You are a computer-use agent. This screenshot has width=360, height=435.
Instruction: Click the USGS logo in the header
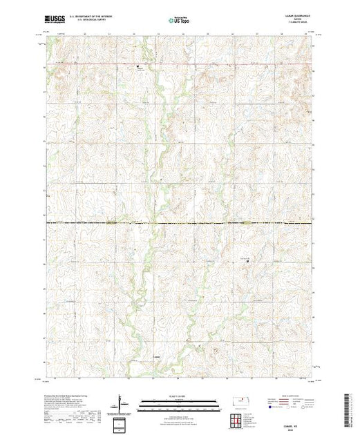(55, 22)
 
